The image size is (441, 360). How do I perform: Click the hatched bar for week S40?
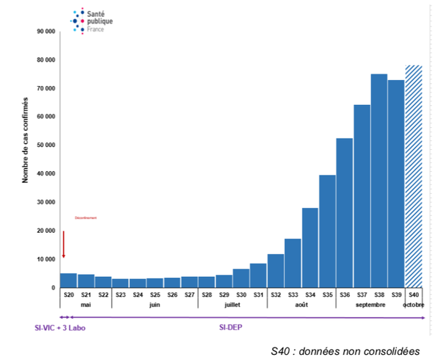[x=414, y=176]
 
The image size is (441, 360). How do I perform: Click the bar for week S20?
[x=68, y=281]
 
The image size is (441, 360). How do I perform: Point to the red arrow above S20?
[x=63, y=244]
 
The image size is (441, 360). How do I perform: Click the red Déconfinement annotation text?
[x=86, y=217]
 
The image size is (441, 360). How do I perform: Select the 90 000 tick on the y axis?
[x=46, y=32]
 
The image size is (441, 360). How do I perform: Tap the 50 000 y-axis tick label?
[x=46, y=145]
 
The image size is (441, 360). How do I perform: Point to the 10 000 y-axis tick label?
[x=46, y=259]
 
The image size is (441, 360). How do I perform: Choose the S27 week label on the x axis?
[x=190, y=295]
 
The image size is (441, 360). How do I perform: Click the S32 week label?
[x=276, y=295]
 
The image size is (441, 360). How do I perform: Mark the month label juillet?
[x=233, y=304]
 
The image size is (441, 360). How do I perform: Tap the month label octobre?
[x=414, y=304]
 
